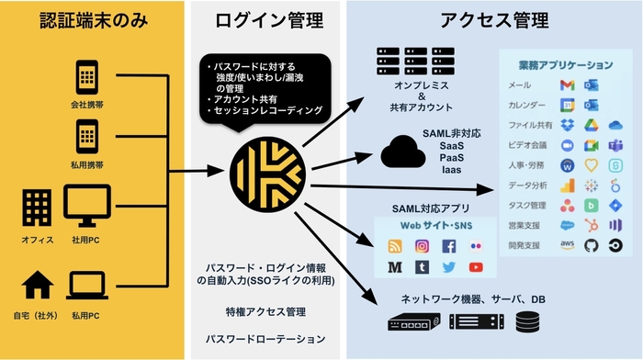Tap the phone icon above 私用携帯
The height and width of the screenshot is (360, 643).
pos(86,133)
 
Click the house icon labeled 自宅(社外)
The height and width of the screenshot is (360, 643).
pos(36,285)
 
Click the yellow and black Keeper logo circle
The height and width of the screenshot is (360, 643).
pos(263,171)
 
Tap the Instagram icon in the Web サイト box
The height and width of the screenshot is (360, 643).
pos(423,246)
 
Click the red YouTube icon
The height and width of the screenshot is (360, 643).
pos(475,267)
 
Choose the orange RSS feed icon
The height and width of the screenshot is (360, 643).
pos(396,246)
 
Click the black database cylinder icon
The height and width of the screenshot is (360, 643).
pos(527,322)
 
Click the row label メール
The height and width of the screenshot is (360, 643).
pos(520,85)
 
